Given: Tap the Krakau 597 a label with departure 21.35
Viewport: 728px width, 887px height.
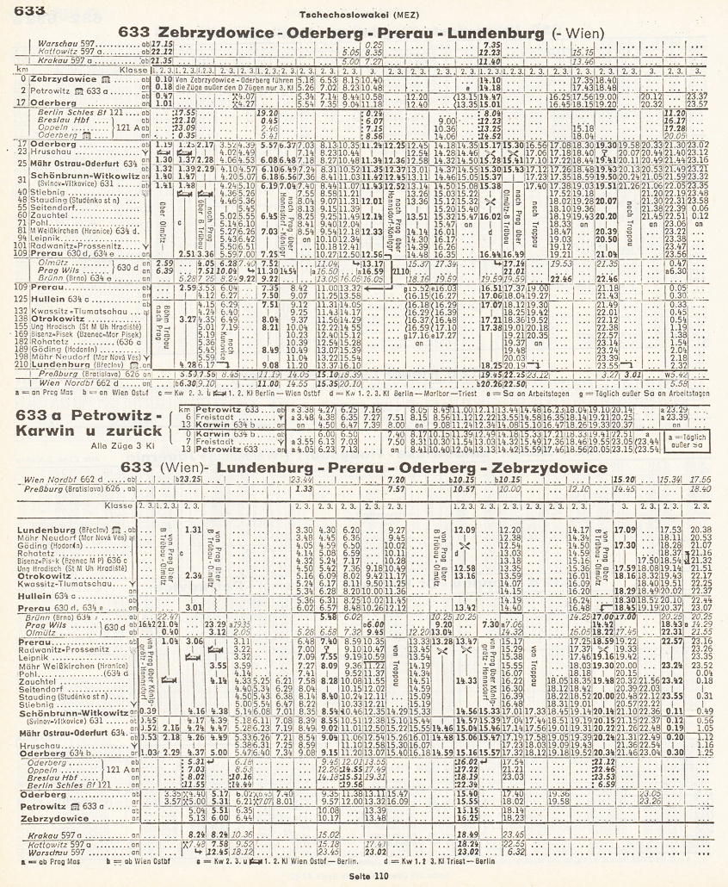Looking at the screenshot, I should tap(43, 60).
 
